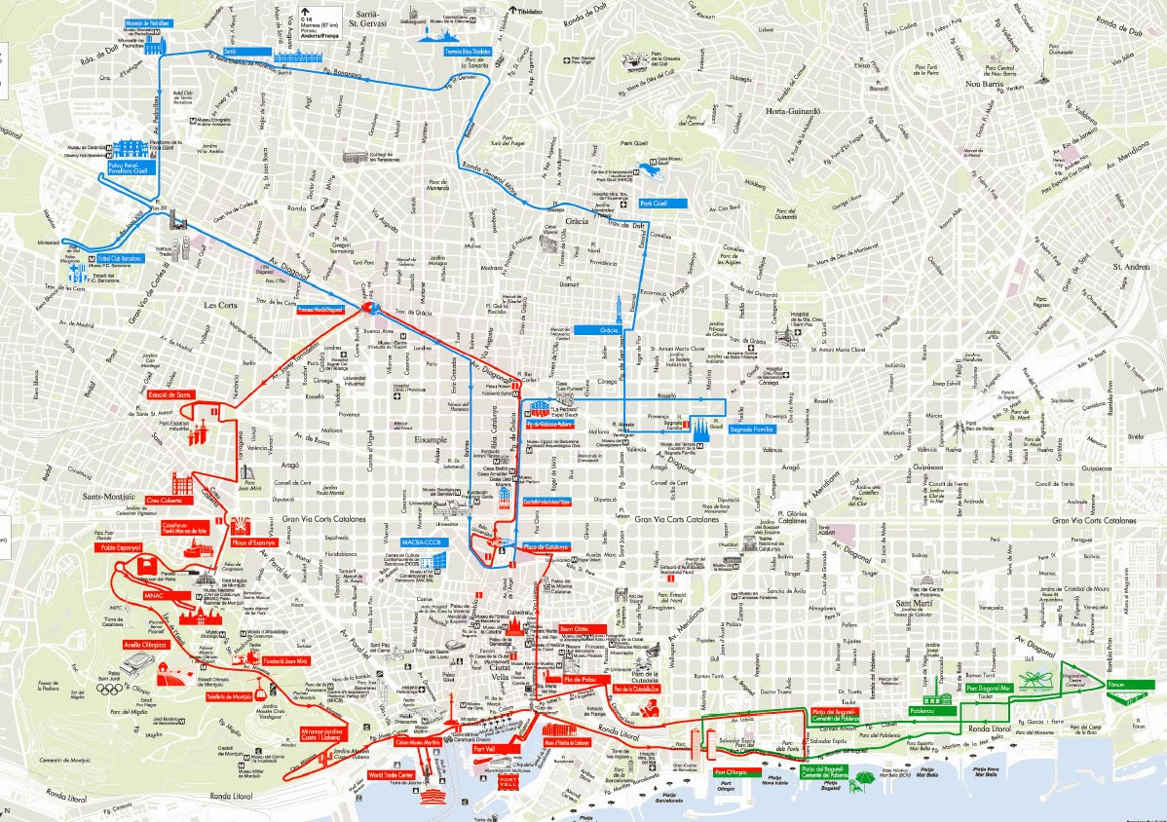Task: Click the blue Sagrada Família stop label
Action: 746,428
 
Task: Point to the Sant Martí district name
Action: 913,604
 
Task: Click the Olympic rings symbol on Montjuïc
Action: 108,691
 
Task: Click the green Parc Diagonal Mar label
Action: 990,688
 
